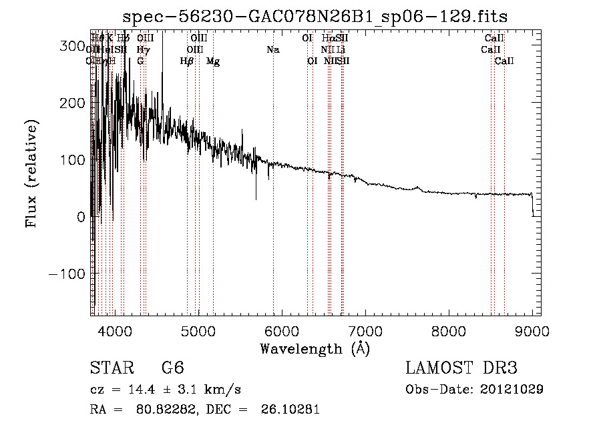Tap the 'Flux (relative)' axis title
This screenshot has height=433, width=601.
(32, 173)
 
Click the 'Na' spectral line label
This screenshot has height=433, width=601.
(272, 50)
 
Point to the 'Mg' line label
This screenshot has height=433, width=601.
(213, 61)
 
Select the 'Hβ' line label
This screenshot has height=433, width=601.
(187, 61)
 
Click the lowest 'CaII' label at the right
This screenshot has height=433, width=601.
(504, 61)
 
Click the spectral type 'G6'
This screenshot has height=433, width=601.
(172, 368)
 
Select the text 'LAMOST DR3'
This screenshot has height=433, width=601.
(461, 368)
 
